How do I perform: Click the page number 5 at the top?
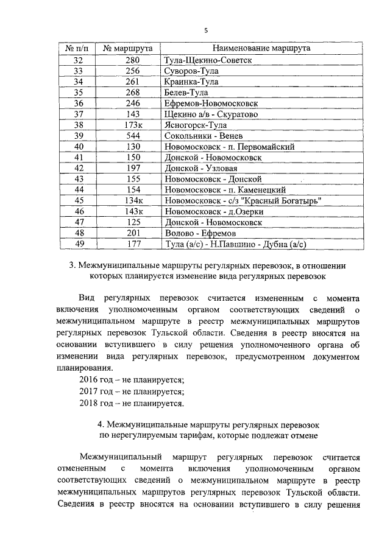206,30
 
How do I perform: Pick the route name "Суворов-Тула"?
192,71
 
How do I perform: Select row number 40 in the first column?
78,147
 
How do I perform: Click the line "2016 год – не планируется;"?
132,379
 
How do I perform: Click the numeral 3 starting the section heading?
73,265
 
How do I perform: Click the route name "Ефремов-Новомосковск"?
207,103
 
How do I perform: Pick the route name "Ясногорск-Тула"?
195,125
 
